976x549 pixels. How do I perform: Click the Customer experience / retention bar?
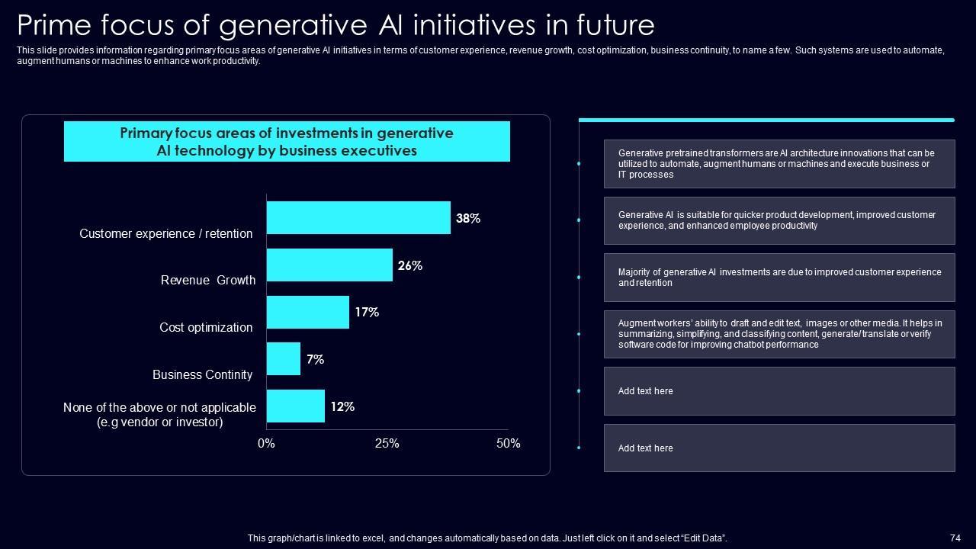click(358, 218)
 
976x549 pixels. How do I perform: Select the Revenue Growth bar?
click(329, 265)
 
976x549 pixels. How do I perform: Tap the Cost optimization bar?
click(308, 313)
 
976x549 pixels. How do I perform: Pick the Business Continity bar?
click(284, 359)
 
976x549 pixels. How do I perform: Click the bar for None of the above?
click(296, 406)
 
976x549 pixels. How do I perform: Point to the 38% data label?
click(468, 219)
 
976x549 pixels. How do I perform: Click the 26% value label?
click(410, 266)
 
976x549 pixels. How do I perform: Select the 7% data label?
click(316, 359)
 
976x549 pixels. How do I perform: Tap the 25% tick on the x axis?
click(387, 444)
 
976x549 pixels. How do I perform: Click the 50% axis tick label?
click(508, 444)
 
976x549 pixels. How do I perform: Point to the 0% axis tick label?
click(266, 444)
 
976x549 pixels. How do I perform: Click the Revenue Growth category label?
click(208, 281)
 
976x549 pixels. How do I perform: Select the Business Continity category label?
click(202, 375)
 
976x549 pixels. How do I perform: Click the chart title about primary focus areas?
click(287, 142)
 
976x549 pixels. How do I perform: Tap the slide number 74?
click(955, 538)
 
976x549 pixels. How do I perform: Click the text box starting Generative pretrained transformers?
click(779, 164)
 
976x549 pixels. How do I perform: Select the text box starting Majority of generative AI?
click(779, 278)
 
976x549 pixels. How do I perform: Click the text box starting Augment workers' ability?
click(779, 334)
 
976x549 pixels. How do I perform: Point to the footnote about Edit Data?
click(487, 538)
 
